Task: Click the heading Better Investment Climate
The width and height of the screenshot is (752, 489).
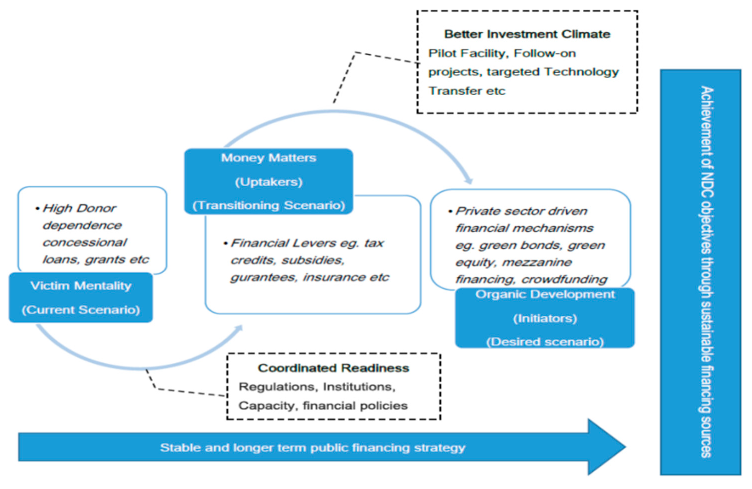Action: pos(527,34)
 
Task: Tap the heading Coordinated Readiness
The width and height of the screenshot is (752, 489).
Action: pos(333,368)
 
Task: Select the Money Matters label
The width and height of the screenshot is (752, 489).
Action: pos(268,158)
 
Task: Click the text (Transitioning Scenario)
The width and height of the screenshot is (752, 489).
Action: pos(268,205)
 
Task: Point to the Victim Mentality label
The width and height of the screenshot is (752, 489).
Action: pos(81,286)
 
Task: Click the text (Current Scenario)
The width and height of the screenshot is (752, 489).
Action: pos(81,310)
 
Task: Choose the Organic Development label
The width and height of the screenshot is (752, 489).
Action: pos(545,294)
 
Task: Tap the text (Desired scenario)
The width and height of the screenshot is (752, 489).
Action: pos(545,342)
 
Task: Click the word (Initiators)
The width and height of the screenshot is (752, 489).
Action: pos(545,318)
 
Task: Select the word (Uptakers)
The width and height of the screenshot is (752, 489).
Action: pos(268,182)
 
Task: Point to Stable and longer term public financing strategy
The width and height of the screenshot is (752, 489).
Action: pos(312,448)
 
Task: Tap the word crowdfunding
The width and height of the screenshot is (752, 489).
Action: pos(564,280)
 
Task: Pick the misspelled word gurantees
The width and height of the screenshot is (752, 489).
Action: pos(264,277)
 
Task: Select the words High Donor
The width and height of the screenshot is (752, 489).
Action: pos(79,208)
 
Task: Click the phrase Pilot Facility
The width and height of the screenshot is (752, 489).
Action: pos(468,53)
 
